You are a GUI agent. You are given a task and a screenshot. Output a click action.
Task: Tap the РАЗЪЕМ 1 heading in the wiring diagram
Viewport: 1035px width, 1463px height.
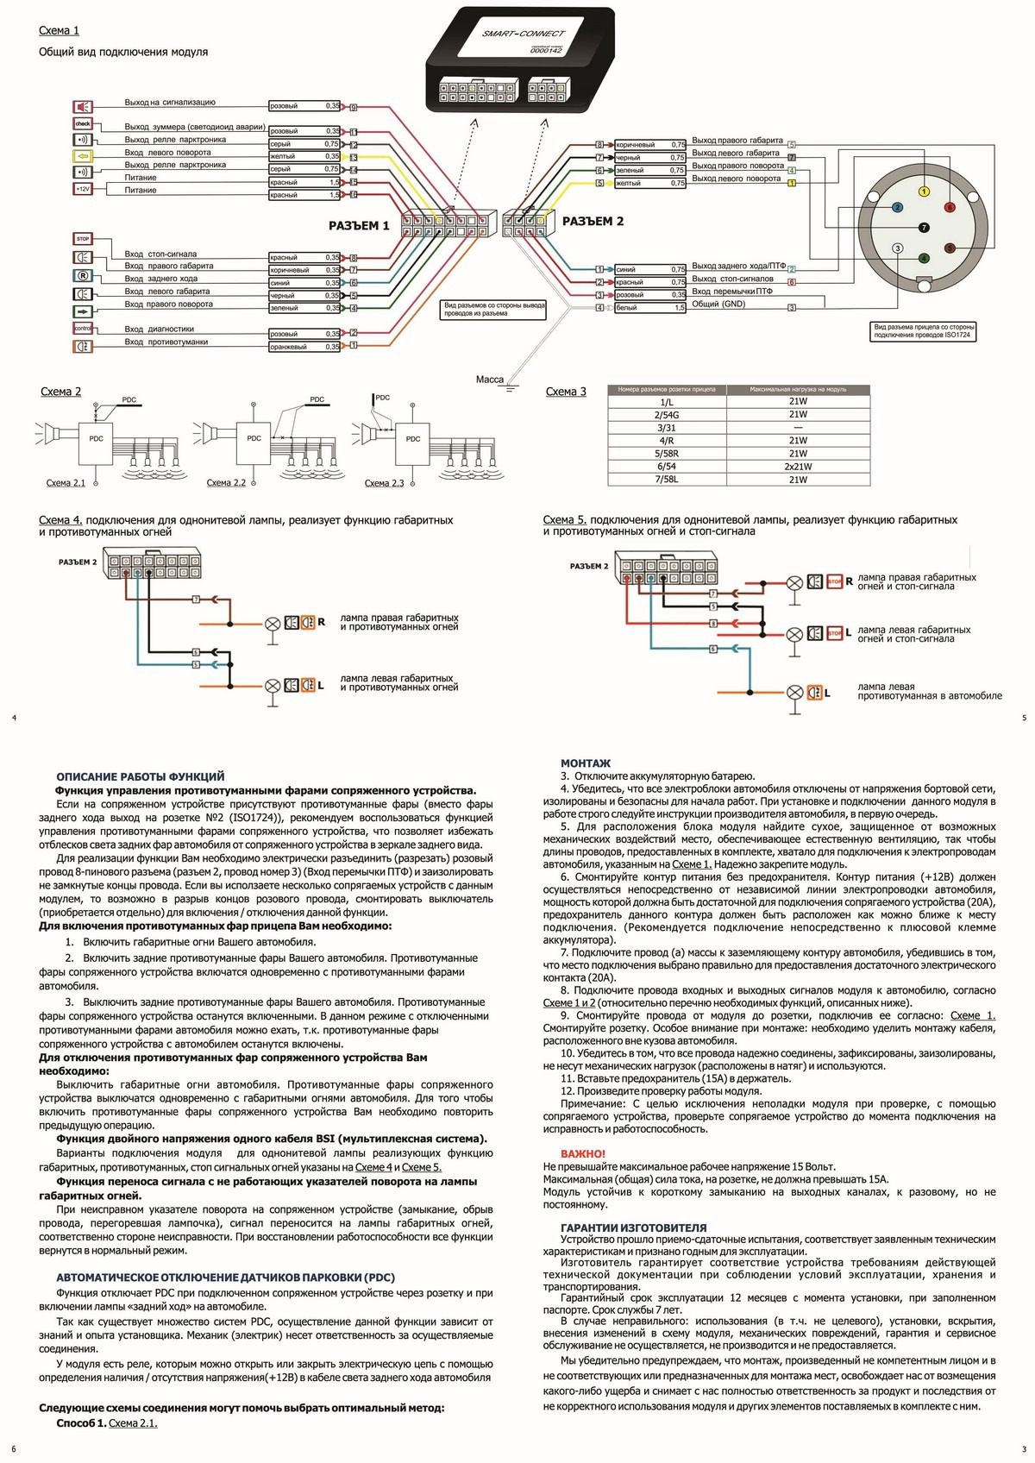tap(359, 226)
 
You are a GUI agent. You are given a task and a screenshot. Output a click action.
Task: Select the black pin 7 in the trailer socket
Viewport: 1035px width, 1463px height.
tap(924, 228)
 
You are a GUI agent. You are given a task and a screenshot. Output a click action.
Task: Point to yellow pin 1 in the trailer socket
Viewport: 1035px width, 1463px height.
tap(924, 192)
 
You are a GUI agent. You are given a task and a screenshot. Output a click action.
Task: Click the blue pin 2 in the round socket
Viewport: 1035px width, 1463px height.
tap(897, 208)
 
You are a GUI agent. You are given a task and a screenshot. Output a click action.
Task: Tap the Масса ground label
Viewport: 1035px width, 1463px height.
tap(489, 380)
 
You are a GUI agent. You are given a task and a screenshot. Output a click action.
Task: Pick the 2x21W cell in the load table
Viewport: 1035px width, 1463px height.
tap(798, 467)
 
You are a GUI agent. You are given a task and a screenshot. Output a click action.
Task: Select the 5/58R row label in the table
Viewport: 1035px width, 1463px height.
tap(667, 454)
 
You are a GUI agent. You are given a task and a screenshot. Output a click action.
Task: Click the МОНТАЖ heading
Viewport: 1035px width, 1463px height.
tap(585, 763)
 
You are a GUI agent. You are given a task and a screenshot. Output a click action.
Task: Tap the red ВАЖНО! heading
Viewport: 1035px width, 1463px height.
tap(583, 1154)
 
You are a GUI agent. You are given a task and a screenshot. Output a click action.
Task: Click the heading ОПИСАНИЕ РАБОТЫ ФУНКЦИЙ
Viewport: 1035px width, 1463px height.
tap(141, 776)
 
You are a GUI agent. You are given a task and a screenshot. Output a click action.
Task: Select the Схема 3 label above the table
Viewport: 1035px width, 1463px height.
tap(566, 392)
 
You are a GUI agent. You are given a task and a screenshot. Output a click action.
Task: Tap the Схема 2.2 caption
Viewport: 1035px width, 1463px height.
tap(226, 483)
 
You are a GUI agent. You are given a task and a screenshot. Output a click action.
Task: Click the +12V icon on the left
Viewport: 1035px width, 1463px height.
tap(83, 189)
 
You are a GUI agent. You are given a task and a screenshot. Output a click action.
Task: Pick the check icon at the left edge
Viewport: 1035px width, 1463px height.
tap(83, 124)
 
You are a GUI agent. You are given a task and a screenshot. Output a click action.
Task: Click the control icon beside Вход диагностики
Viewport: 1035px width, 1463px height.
tap(83, 329)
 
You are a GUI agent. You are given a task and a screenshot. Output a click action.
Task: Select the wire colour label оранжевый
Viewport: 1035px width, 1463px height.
tap(288, 347)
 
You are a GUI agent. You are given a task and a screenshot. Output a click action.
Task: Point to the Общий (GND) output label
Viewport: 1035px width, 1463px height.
tap(718, 305)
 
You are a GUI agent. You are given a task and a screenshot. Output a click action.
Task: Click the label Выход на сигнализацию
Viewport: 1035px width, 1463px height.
tap(170, 103)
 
